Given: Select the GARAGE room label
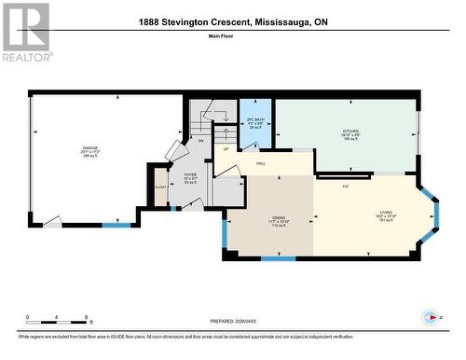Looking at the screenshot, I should tap(89, 148).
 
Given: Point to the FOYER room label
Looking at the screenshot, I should tap(190, 174).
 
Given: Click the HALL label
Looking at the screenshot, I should tap(263, 162).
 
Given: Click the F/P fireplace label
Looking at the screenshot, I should tap(346, 187).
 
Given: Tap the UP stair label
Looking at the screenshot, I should tap(225, 148).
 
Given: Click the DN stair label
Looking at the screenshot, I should tap(199, 140).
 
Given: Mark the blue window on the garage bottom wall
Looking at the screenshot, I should tap(116, 225).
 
